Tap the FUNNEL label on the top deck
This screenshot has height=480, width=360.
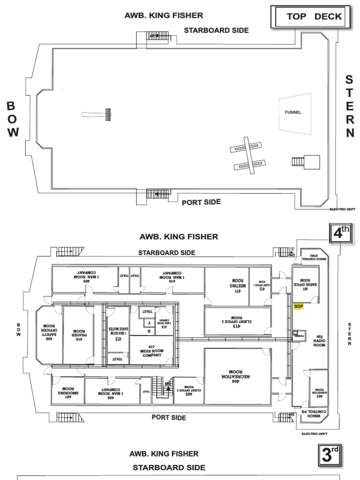[293, 112]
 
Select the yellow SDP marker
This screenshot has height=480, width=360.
[299, 307]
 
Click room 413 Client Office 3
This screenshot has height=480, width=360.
[237, 321]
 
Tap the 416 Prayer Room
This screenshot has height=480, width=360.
[78, 334]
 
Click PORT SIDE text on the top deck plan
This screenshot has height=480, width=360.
[201, 202]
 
